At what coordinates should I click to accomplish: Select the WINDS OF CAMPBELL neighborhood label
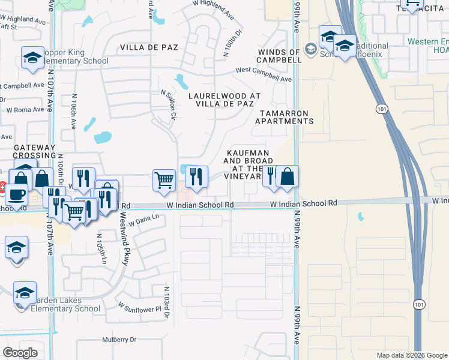[279, 56]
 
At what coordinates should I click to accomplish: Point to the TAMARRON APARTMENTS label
[285, 117]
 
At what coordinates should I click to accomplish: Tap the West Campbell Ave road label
[264, 74]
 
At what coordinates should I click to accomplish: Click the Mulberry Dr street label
[119, 340]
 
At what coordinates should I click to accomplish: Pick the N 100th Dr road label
[235, 41]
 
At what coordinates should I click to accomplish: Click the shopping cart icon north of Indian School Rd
[164, 180]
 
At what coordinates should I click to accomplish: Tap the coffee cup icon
[16, 196]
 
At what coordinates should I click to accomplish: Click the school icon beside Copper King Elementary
[32, 58]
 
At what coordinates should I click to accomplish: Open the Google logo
[20, 353]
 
